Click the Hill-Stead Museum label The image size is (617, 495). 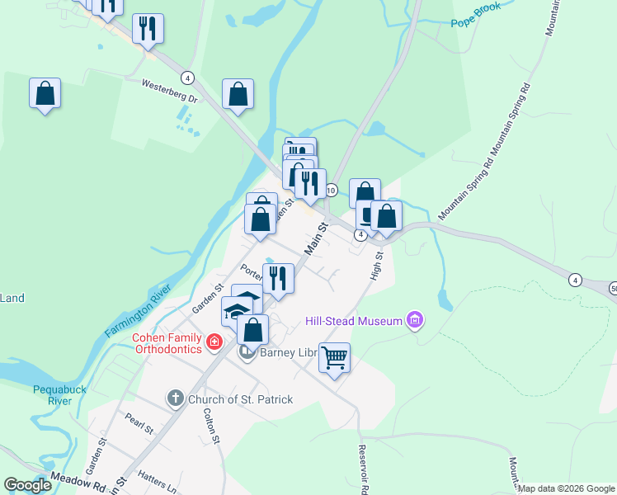point(353,320)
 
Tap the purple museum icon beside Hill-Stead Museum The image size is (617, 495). point(415,320)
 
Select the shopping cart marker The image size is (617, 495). point(334,358)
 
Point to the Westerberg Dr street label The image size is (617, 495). point(171,91)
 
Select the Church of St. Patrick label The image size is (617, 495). point(240,399)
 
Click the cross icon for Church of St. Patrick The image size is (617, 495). point(175,399)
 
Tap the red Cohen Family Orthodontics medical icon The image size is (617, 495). point(214,341)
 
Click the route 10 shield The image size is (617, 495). point(332,191)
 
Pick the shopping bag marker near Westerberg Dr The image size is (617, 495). point(238,95)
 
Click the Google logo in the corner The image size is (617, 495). point(28,485)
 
